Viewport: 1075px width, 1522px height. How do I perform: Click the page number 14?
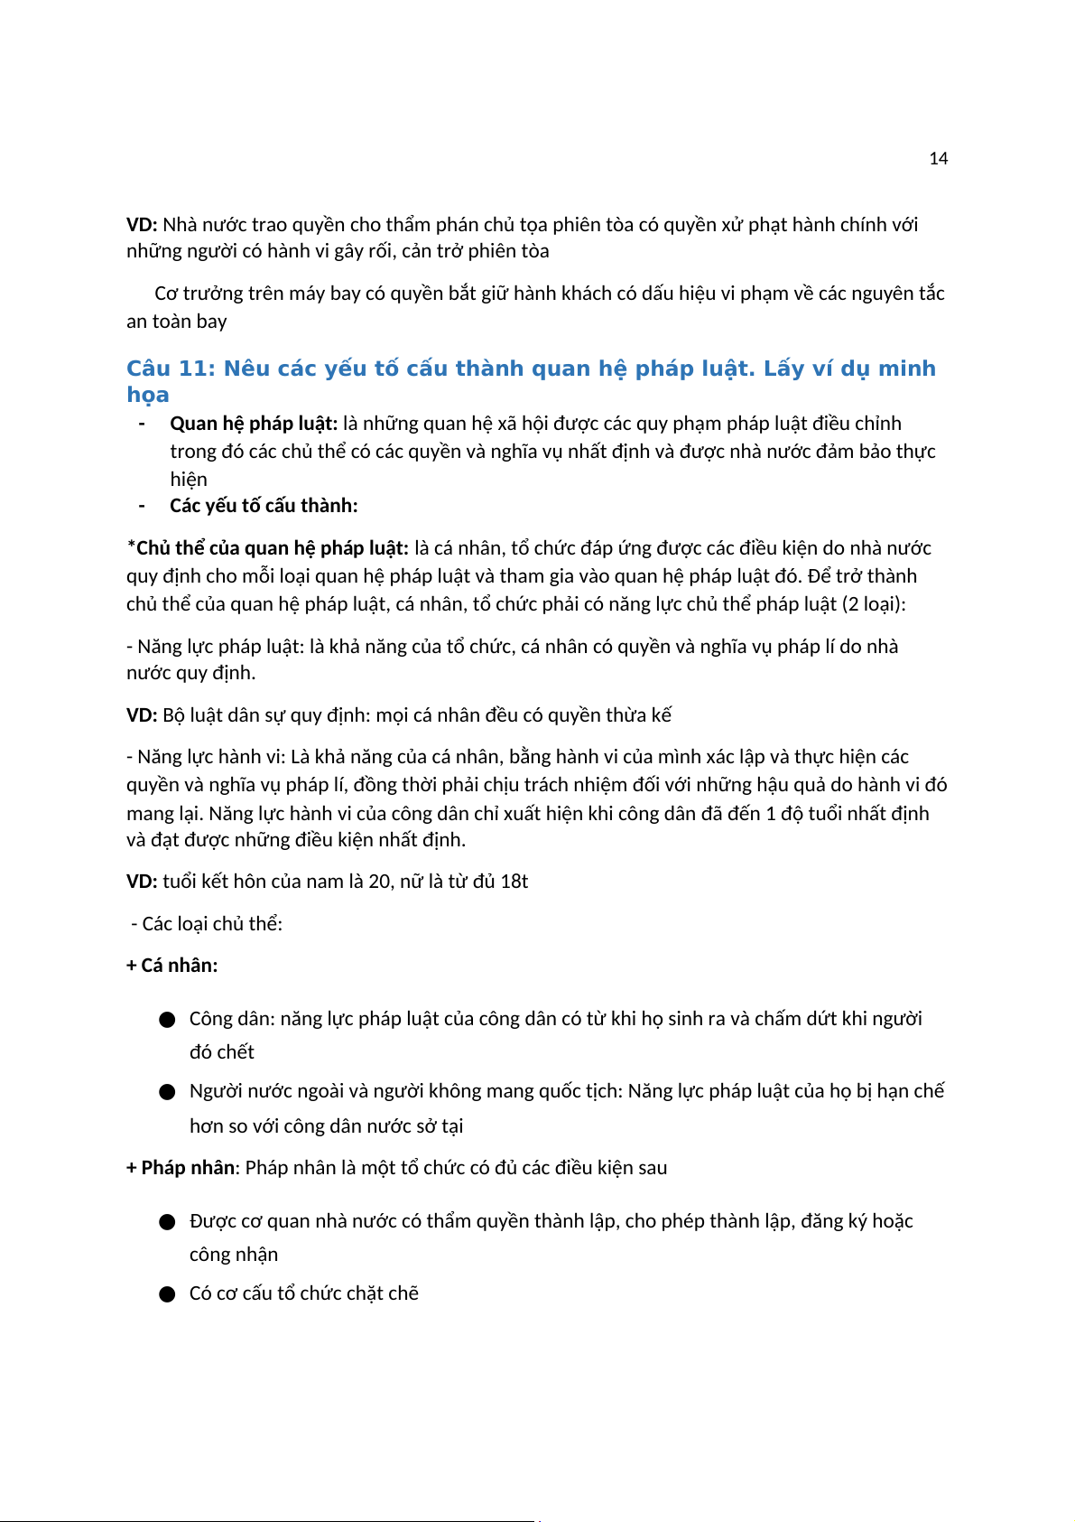pos(938,159)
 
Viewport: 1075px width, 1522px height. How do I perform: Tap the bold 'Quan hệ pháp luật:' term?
pos(254,424)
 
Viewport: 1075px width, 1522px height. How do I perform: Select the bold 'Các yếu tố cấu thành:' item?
pos(264,506)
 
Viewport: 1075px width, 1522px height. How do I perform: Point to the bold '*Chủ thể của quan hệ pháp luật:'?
pos(267,548)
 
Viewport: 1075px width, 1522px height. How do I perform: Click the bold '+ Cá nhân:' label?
pos(172,966)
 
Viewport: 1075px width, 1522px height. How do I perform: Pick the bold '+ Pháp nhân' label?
pos(181,1168)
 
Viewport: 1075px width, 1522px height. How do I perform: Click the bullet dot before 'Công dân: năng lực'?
pos(167,1020)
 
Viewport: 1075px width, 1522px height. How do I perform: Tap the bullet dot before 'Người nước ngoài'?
pos(167,1092)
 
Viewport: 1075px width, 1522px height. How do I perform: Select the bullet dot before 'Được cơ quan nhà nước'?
pos(167,1222)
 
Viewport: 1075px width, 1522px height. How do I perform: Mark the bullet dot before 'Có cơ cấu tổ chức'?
pos(167,1294)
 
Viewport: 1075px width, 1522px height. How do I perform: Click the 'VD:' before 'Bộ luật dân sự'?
pos(142,715)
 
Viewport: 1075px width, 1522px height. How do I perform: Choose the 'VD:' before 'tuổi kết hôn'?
pos(142,882)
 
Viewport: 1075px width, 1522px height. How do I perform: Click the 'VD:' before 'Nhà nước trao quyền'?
pos(142,225)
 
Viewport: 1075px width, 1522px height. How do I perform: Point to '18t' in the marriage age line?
pos(514,882)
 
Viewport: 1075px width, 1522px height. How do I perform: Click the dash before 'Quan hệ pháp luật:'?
pos(142,424)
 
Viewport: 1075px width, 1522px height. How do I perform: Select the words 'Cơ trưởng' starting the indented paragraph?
pos(191,294)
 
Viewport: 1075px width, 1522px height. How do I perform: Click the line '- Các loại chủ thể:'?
pos(207,924)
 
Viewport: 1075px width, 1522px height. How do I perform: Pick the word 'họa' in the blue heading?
pos(148,396)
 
